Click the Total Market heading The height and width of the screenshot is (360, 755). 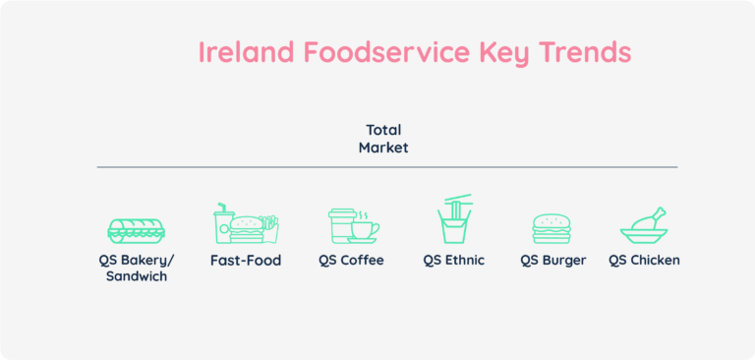[383, 139]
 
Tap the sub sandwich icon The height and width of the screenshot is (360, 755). [136, 230]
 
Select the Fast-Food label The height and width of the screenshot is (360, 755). [246, 261]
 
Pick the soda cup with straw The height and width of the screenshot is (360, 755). [223, 224]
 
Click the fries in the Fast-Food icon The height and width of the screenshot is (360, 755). [271, 227]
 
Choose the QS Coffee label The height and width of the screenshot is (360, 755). [351, 261]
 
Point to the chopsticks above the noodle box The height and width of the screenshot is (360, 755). [458, 199]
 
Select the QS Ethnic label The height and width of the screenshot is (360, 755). [454, 261]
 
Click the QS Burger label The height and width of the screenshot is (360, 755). [553, 261]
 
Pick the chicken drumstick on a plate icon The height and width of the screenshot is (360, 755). [644, 226]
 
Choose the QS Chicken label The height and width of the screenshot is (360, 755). [644, 261]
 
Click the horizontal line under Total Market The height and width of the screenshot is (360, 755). [386, 167]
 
